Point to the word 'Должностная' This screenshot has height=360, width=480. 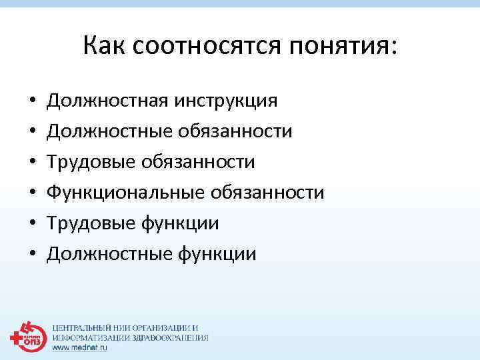tap(108, 101)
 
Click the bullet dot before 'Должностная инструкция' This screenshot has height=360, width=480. tap(32, 102)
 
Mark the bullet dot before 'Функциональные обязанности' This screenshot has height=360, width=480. tap(32, 194)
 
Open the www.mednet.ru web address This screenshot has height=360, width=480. tap(80, 347)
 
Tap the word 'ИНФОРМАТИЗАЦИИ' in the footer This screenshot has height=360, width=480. tap(87, 338)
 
